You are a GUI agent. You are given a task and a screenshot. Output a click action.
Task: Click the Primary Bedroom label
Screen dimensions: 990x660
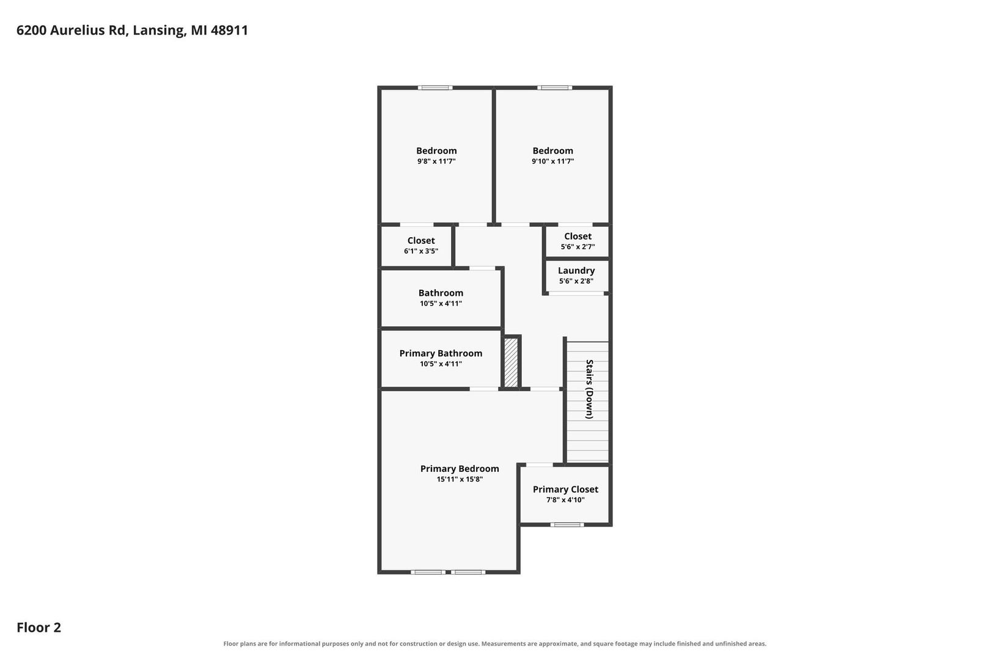(x=459, y=469)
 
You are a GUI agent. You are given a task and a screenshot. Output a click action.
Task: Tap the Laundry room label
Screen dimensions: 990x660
(x=576, y=271)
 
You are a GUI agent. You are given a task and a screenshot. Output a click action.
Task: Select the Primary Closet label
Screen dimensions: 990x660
(x=565, y=490)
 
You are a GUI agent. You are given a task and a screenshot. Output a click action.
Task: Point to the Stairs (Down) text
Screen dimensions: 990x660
(x=589, y=389)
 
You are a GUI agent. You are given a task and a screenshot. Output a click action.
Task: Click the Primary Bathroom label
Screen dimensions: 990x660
(x=441, y=353)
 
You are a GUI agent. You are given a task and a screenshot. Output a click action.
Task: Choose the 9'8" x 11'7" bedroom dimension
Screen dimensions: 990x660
(x=436, y=161)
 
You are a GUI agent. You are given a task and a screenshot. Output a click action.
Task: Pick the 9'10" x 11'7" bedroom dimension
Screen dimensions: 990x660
(x=552, y=161)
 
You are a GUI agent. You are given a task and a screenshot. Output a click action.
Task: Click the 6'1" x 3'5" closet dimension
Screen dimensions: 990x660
(x=420, y=251)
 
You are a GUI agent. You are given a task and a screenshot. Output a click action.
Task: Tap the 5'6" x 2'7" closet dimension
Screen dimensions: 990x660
(x=577, y=247)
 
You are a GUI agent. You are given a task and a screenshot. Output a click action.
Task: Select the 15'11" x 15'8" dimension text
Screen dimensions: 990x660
(x=459, y=479)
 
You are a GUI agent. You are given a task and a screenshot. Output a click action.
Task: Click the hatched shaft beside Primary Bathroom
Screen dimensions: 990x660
(x=511, y=362)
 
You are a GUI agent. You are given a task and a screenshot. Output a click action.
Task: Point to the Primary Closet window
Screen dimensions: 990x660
(x=567, y=525)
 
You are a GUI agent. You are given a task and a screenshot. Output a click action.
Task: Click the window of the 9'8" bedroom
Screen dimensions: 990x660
(x=435, y=87)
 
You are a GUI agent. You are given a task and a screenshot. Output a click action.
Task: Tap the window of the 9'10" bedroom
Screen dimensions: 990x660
(x=555, y=87)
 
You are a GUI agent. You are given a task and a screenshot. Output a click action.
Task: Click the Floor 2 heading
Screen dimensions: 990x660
(x=39, y=627)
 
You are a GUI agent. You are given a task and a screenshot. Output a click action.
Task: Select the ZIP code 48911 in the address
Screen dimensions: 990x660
(x=229, y=30)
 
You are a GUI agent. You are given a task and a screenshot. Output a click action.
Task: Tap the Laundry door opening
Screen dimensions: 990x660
(x=576, y=293)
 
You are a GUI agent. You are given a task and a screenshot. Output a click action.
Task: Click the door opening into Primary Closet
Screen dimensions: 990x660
(x=539, y=464)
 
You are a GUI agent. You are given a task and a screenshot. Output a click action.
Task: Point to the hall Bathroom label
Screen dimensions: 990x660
(x=441, y=293)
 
